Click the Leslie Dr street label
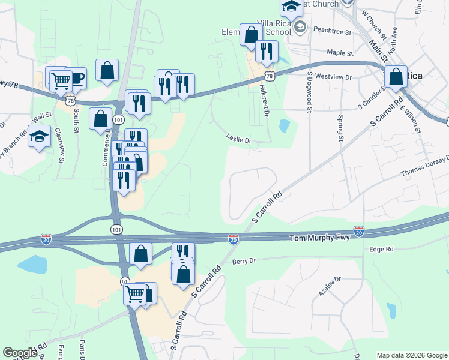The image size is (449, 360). click(238, 139)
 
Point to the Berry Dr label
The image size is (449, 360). click(244, 261)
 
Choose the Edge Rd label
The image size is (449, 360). click(381, 249)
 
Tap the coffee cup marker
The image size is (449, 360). click(76, 78)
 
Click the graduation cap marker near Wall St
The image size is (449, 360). click(40, 136)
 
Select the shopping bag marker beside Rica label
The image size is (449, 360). click(396, 77)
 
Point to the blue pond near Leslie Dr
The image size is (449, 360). click(284, 126)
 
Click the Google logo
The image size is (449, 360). click(20, 353)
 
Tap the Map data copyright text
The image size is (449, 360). click(411, 355)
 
